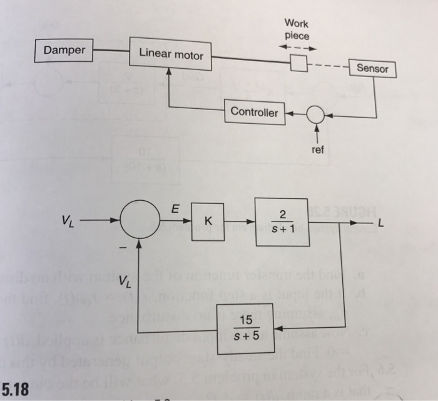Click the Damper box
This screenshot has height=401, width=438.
64,49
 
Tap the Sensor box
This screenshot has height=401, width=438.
373,68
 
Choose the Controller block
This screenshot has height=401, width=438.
254,112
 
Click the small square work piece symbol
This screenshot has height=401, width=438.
298,63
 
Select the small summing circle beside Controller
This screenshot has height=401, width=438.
316,114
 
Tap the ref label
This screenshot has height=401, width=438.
318,150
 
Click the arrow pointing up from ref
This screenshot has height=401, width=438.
317,133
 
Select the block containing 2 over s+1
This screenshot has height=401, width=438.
282,222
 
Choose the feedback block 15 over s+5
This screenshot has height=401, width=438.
245,328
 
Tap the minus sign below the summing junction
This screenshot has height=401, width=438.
123,249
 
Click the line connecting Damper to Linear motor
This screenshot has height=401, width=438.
111,50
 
